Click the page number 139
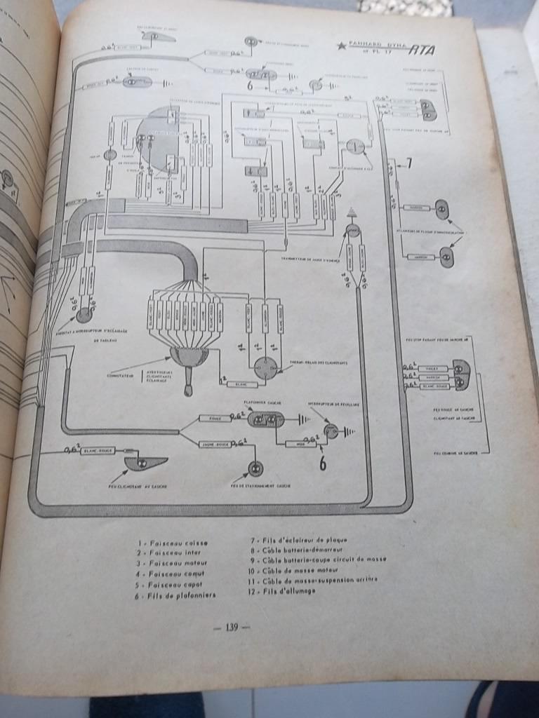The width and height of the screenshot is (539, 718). tap(231, 628)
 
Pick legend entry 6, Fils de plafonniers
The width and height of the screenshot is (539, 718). tap(171, 595)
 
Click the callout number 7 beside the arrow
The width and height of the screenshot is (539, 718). tap(409, 164)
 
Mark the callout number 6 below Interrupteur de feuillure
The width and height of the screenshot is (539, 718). tap(323, 463)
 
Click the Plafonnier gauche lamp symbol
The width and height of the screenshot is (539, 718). tap(266, 420)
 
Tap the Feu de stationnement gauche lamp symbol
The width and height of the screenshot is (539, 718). tap(255, 468)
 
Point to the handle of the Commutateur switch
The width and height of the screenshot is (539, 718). tap(188, 382)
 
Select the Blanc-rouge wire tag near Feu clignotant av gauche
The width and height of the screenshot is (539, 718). tap(98, 450)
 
